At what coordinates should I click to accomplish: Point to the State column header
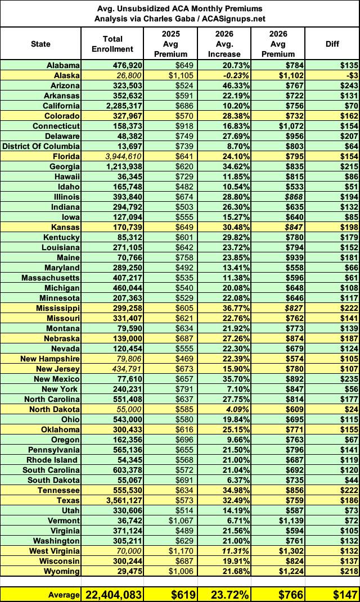[40, 43]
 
